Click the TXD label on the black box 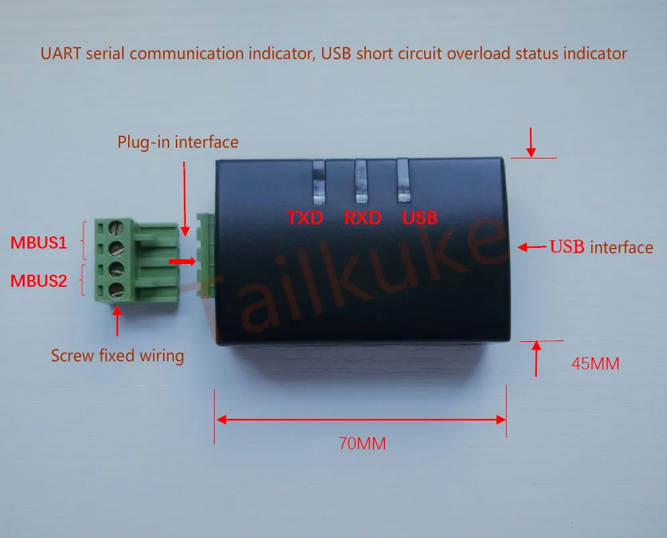305,218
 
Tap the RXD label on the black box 362,218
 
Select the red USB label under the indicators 419,218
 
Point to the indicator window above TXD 317,181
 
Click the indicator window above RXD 362,181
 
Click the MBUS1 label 38,242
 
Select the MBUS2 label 38,281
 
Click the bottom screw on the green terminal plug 117,290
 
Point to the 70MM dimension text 362,443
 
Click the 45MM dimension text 595,364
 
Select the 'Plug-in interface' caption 178,142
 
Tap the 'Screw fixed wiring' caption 117,355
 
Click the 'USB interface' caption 602,247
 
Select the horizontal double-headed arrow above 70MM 360,420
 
